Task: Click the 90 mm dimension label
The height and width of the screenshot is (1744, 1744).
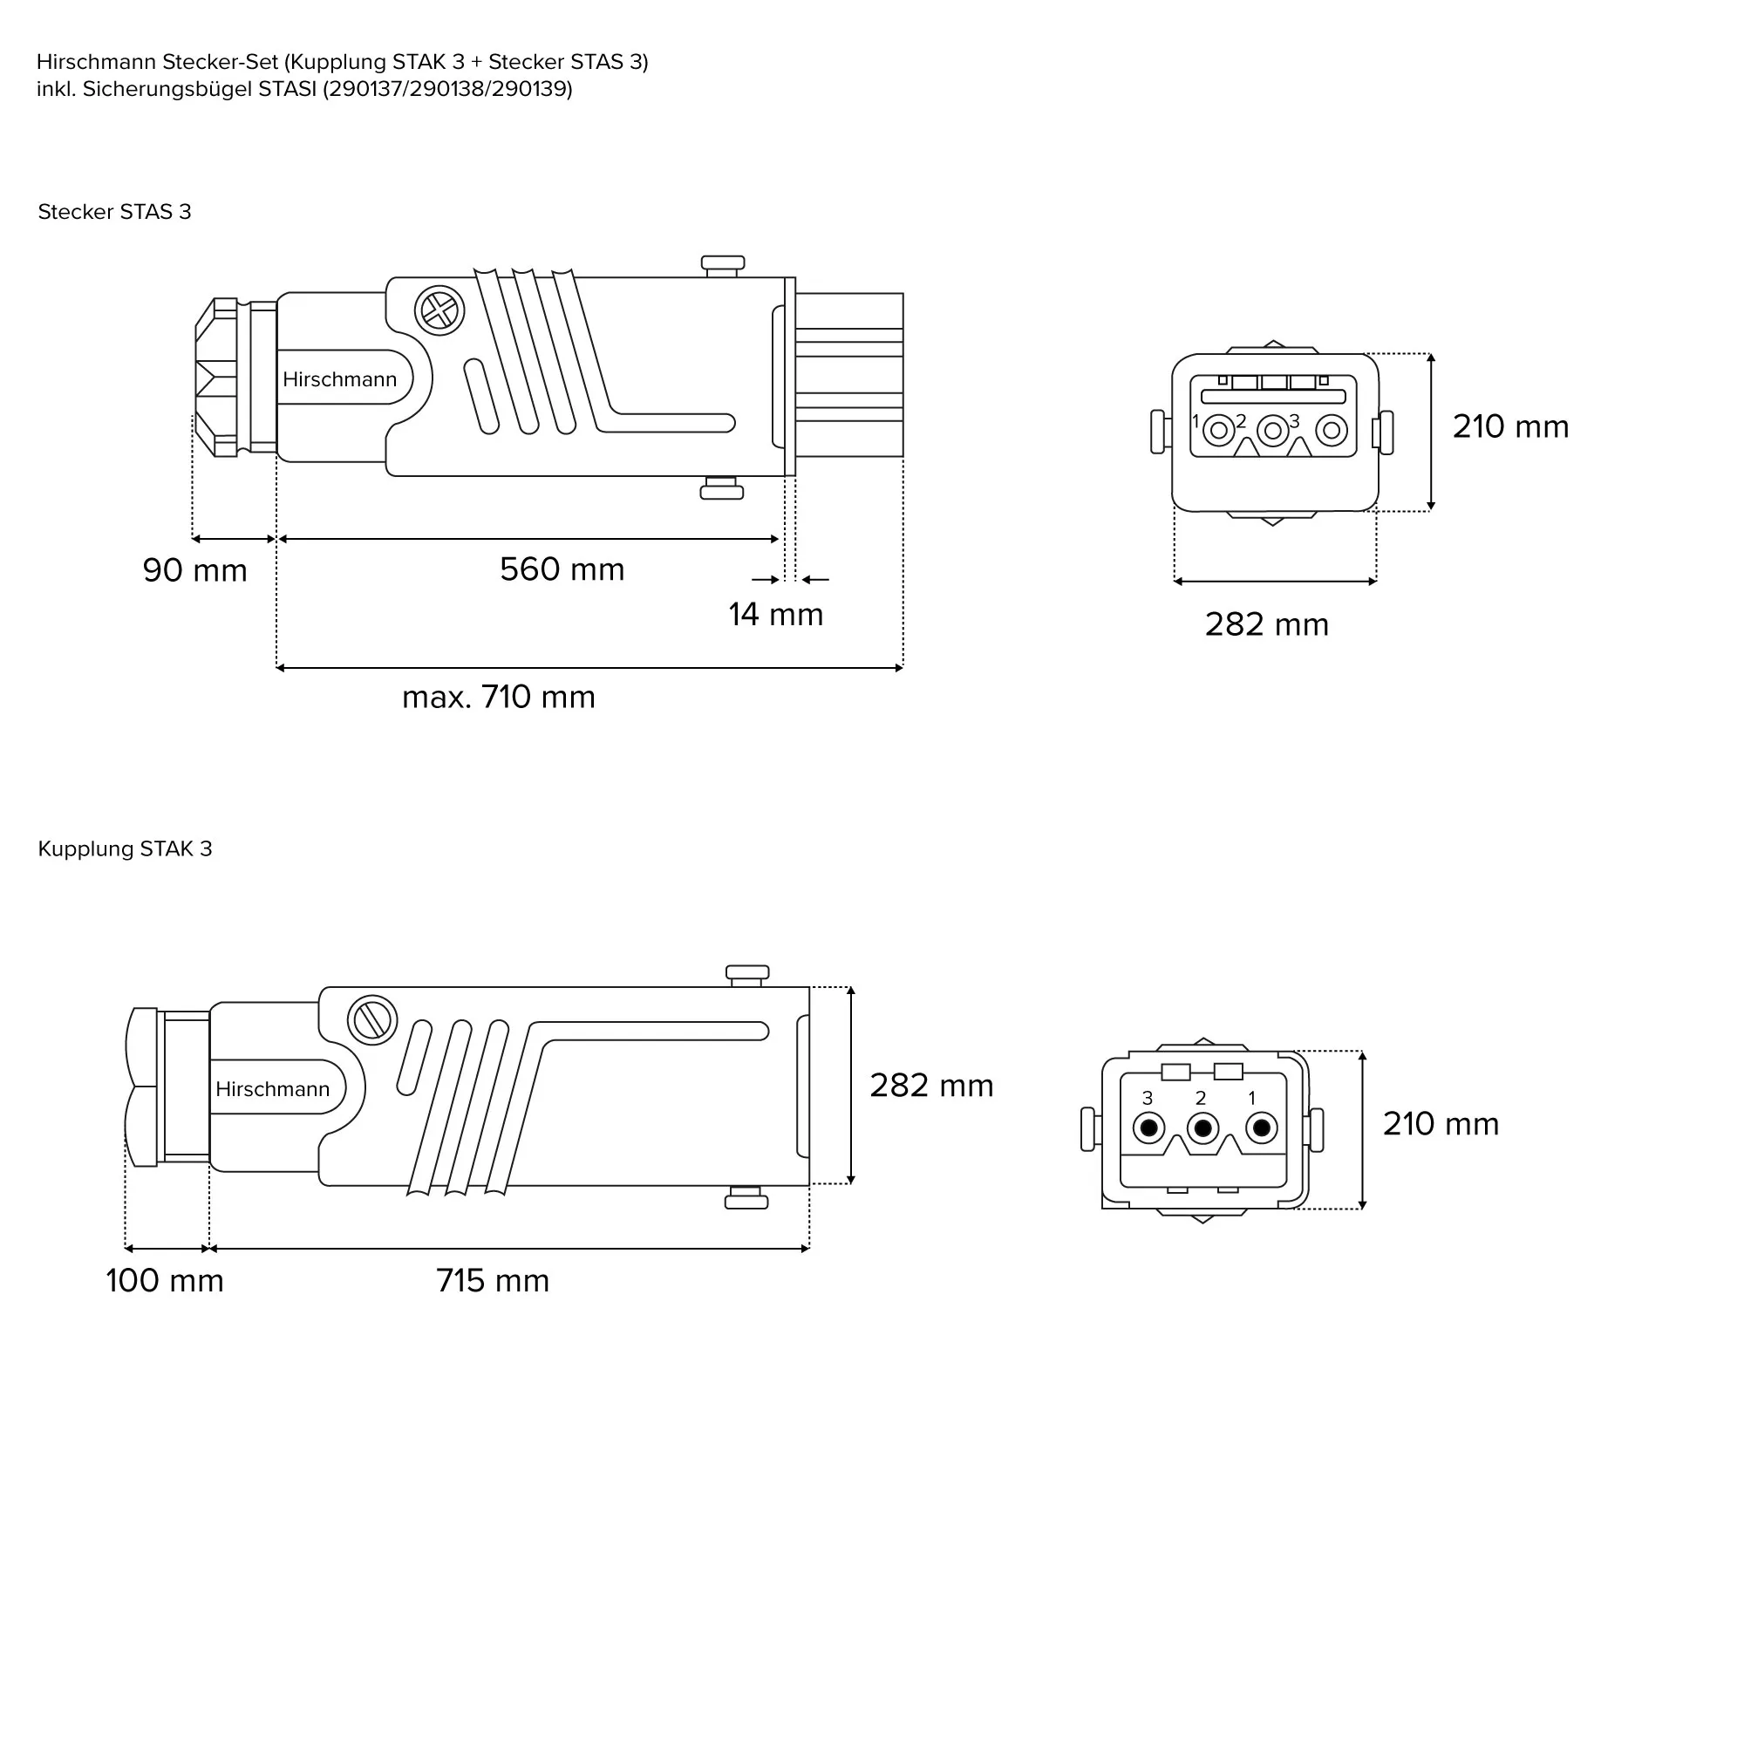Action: coord(195,570)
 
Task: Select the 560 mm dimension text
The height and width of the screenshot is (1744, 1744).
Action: coord(562,569)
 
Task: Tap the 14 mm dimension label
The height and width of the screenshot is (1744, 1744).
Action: coord(775,615)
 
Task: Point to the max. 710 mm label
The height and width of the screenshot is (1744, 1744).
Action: coord(498,697)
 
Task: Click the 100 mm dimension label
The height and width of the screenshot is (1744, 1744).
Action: coord(164,1280)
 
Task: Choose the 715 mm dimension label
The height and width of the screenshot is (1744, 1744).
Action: coord(492,1280)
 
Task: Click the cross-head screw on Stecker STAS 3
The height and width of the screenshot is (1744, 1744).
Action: coord(439,311)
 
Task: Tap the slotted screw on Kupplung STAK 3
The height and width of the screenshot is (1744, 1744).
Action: coord(372,1020)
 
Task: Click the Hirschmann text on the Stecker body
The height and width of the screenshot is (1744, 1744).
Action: coord(339,379)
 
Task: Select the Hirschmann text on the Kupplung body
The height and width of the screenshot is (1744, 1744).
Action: coord(273,1088)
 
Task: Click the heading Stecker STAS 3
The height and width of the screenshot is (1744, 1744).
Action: coord(114,212)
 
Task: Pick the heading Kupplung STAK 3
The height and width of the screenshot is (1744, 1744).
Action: coord(125,848)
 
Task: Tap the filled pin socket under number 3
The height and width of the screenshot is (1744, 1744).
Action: coord(1149,1127)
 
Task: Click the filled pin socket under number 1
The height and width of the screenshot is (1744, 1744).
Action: coord(1261,1127)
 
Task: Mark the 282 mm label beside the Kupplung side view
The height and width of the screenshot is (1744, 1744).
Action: coord(930,1085)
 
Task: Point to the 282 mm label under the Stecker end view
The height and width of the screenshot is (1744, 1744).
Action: coord(1266,624)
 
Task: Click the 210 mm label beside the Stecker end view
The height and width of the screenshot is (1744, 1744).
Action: coord(1510,427)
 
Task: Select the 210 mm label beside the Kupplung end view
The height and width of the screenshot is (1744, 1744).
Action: coord(1441,1124)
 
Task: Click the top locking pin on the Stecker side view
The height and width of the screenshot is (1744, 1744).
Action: coord(723,265)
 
